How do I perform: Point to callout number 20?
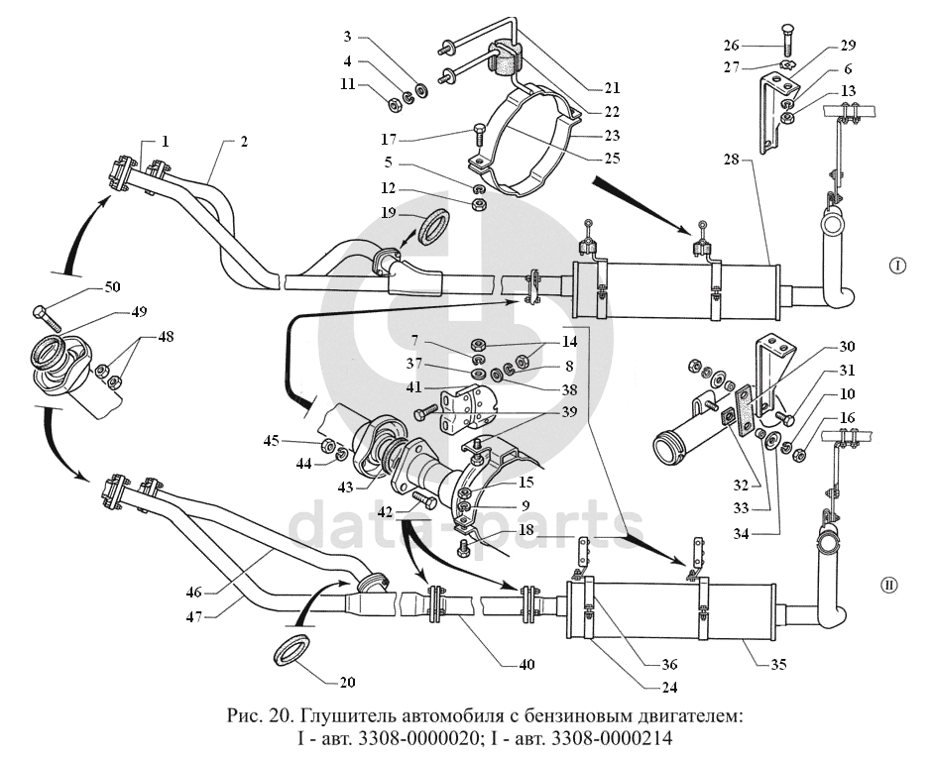coord(346,682)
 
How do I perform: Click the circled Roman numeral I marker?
coord(896,266)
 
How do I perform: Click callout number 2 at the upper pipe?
coord(242,142)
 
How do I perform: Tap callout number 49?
coord(137,311)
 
